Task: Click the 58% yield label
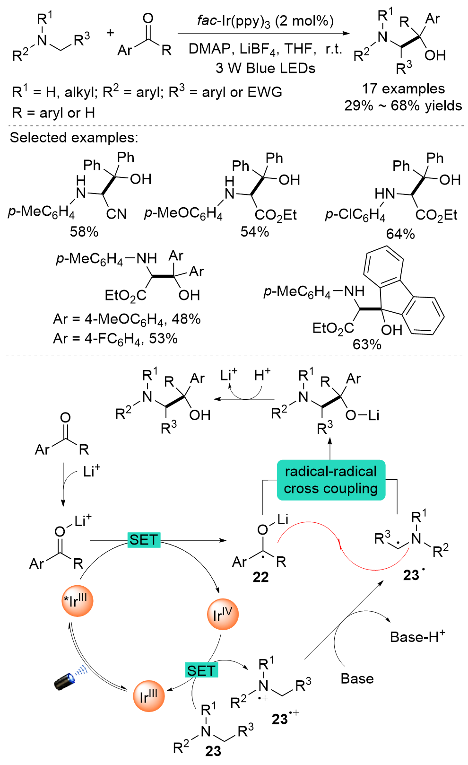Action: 84,232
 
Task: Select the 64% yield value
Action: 400,234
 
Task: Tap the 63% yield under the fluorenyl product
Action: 367,344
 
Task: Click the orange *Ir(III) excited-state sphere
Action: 78,601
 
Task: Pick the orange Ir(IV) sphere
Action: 223,615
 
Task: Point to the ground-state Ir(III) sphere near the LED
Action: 148,696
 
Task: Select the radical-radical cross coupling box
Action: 331,480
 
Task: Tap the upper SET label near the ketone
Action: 144,540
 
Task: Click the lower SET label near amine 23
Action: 201,670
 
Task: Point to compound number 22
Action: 260,577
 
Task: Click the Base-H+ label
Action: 417,637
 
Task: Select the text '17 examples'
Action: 403,88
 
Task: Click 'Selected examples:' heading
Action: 74,138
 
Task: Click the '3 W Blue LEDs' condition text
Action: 265,68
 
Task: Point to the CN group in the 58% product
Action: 116,214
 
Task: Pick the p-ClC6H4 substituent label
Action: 355,215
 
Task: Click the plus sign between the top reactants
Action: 110,33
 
